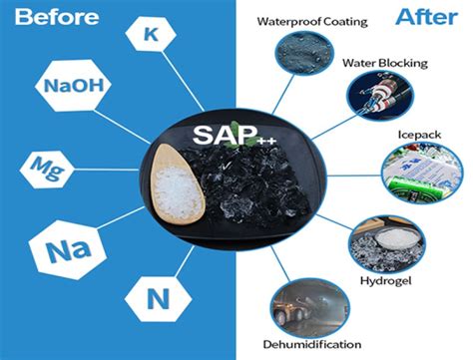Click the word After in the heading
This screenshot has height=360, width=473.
[419, 17]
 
